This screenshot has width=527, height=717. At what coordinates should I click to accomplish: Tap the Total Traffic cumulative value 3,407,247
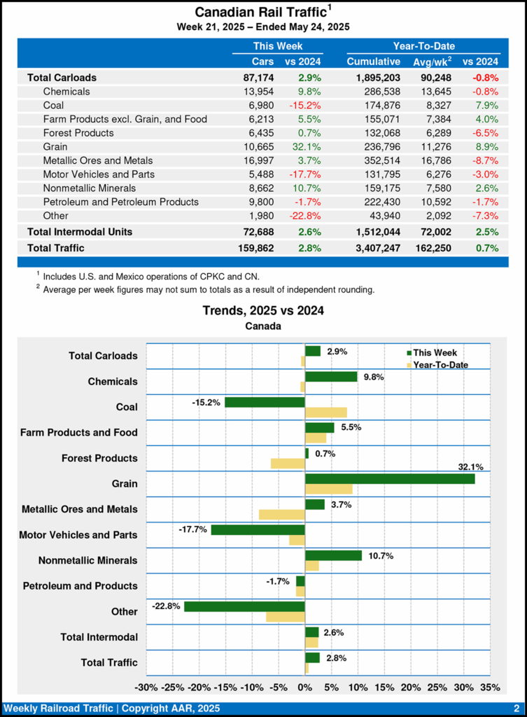click(373, 248)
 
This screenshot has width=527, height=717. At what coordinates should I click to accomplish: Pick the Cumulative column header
click(374, 62)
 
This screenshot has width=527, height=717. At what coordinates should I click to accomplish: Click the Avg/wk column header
click(433, 62)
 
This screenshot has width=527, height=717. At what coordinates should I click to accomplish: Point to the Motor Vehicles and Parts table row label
click(99, 174)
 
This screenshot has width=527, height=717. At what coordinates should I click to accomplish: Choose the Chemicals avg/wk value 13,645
click(434, 91)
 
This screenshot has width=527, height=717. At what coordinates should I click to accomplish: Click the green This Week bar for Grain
click(390, 479)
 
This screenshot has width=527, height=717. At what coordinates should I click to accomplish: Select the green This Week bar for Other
click(244, 606)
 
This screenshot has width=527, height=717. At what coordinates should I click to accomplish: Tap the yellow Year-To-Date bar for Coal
click(326, 412)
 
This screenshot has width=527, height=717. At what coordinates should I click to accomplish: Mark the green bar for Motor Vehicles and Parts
click(258, 530)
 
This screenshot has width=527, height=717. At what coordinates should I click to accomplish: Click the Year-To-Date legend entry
click(441, 365)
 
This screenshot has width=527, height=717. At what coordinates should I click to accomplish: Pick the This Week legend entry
click(435, 353)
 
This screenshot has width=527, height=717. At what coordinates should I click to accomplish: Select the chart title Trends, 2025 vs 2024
click(263, 310)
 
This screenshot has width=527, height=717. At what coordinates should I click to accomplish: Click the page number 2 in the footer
click(516, 709)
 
